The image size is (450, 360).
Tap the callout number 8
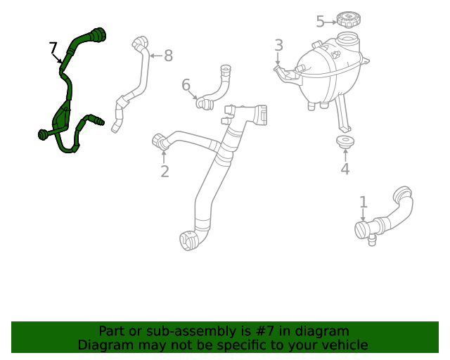coord(168,56)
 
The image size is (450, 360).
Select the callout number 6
coord(186,85)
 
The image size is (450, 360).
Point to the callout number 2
coord(165,171)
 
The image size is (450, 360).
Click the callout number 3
coord(278,46)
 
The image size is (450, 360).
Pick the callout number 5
coord(320,22)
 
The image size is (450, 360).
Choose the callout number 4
coord(345,169)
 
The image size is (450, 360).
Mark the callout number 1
coord(363,202)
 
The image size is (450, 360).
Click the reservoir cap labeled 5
coord(348,18)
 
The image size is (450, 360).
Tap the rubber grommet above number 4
coord(345,143)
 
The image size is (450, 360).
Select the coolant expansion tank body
coord(327,70)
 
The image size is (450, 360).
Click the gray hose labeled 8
coord(137,84)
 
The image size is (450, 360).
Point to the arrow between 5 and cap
coord(330,22)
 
